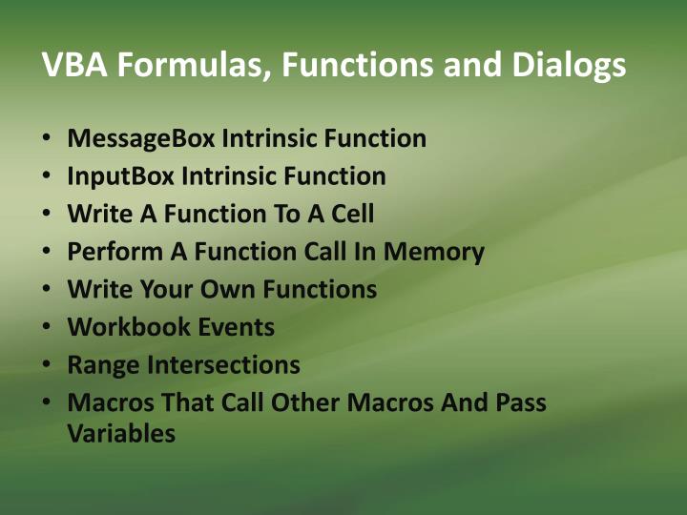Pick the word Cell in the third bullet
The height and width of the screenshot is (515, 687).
(352, 214)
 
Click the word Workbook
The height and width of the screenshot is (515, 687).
(115, 327)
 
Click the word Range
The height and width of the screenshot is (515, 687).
(98, 364)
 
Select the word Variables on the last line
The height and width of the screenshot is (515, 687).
(121, 433)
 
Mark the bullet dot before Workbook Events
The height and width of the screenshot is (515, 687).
(46, 327)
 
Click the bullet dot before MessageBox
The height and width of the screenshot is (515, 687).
(46, 138)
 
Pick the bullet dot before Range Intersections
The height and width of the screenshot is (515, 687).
(46, 364)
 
